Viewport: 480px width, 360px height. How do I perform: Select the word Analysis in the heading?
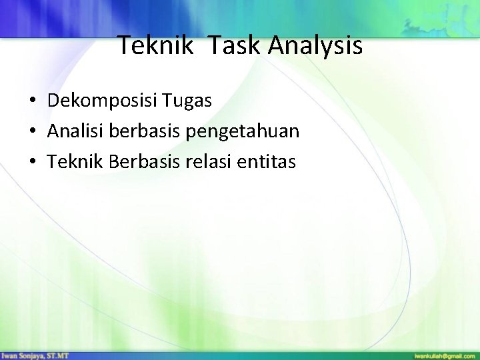click(x=316, y=47)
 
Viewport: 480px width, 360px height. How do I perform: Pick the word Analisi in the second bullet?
click(x=72, y=131)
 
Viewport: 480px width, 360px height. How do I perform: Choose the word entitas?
click(x=272, y=161)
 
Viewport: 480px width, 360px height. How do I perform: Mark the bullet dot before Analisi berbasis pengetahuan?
click(x=32, y=132)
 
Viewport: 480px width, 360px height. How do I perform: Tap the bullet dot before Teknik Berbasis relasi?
click(x=32, y=162)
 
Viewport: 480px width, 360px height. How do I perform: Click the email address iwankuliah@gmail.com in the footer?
click(x=444, y=355)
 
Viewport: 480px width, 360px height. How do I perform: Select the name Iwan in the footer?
click(x=9, y=355)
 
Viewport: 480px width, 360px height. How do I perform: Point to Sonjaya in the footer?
click(x=33, y=355)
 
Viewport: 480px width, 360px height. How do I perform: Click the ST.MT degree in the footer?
click(x=59, y=355)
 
